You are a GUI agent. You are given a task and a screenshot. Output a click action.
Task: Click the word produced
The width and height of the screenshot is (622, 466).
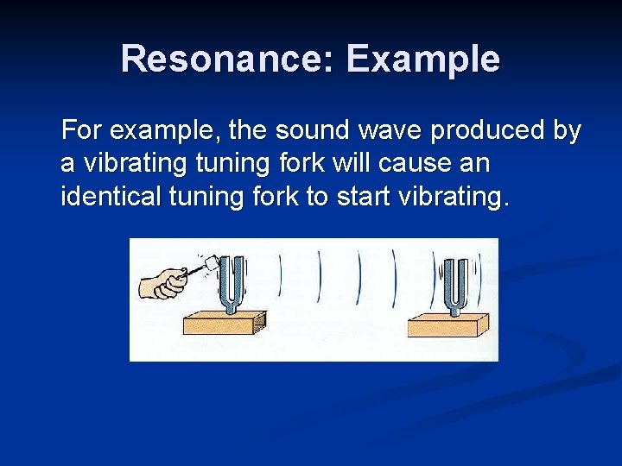pos(489,131)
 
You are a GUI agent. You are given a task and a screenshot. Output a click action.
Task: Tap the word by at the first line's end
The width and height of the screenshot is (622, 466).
pos(568,133)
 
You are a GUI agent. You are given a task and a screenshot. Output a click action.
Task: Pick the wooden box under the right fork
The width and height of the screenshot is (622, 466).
pos(447,324)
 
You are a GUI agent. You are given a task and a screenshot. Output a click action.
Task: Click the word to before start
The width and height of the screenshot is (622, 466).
pos(316,197)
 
